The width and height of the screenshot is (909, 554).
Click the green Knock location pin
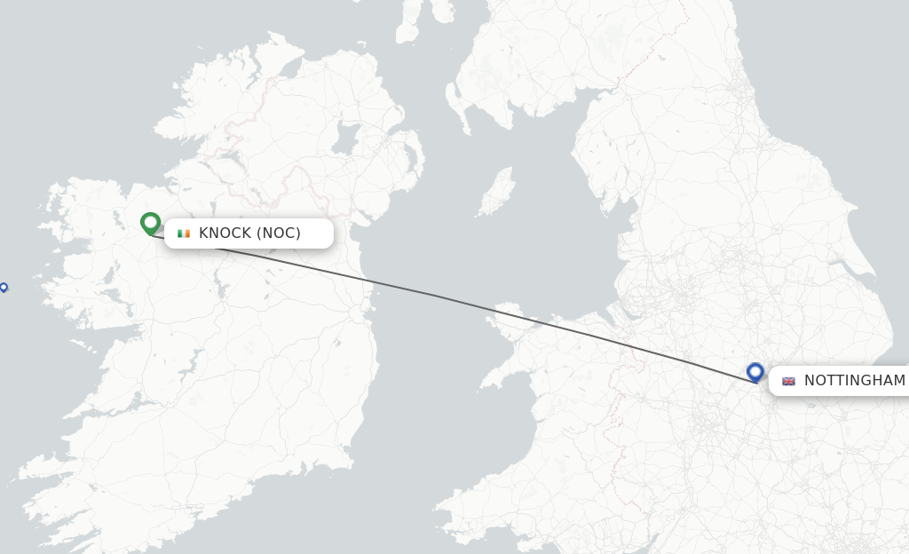tap(150, 223)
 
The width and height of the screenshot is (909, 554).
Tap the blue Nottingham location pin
tap(755, 371)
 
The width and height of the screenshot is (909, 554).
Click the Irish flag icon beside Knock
tap(184, 233)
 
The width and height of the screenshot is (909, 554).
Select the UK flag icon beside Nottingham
tap(788, 381)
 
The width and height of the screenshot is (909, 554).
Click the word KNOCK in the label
tap(225, 233)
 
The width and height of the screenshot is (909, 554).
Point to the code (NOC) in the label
tap(279, 233)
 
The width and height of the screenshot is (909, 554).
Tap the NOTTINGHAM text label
tap(854, 381)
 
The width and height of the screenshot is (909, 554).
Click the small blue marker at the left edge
tap(4, 287)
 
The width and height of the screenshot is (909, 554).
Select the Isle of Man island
tap(495, 194)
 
